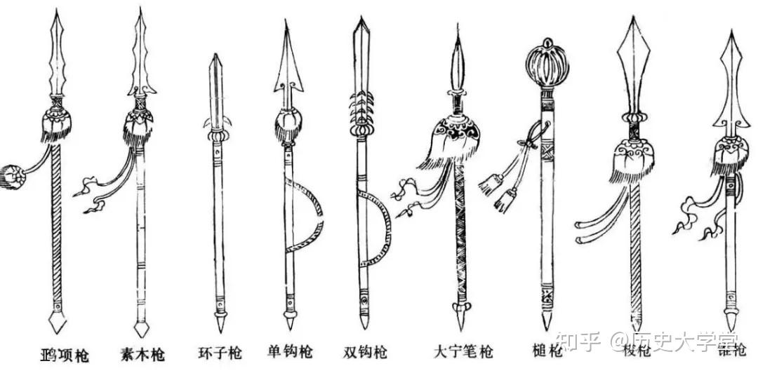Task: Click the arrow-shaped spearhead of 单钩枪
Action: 288,60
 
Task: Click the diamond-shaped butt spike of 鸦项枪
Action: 57,322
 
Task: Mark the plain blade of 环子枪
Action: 215,88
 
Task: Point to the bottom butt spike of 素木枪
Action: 140,327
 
